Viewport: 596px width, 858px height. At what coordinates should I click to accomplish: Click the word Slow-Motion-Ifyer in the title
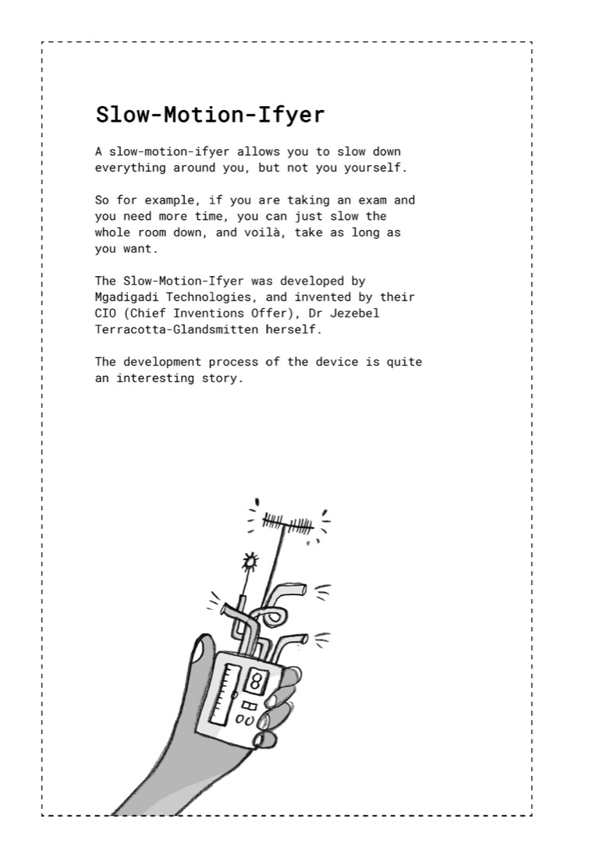tap(210, 115)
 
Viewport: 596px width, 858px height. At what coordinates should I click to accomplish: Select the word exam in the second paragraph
tap(372, 200)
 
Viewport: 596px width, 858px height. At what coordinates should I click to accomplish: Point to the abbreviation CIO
tap(105, 314)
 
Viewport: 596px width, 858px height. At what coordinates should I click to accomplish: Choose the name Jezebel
tap(358, 314)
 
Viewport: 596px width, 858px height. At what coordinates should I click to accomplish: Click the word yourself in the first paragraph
tap(375, 168)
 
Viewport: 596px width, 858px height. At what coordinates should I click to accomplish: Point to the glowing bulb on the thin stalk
tap(251, 560)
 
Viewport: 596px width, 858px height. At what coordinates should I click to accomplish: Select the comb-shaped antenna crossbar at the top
tap(287, 523)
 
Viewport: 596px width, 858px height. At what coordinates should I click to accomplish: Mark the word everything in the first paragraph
tap(130, 168)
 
